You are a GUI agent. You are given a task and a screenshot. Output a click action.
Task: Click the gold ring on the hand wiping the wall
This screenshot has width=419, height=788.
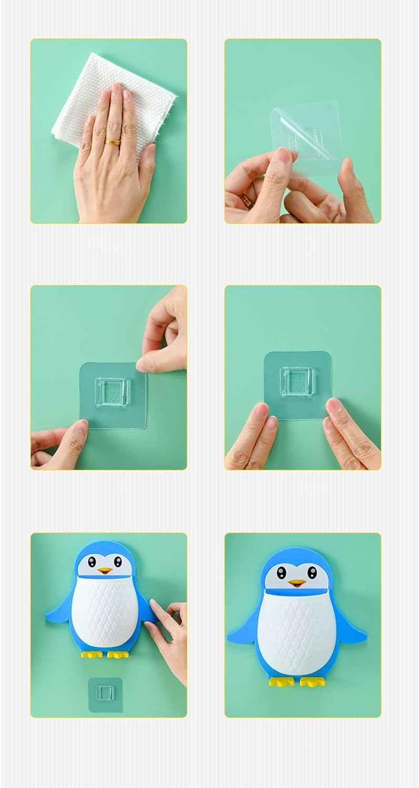112,141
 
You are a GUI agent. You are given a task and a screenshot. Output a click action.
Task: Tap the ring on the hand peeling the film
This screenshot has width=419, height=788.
246,200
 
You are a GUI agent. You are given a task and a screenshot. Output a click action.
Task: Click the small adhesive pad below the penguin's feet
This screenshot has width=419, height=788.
105,694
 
